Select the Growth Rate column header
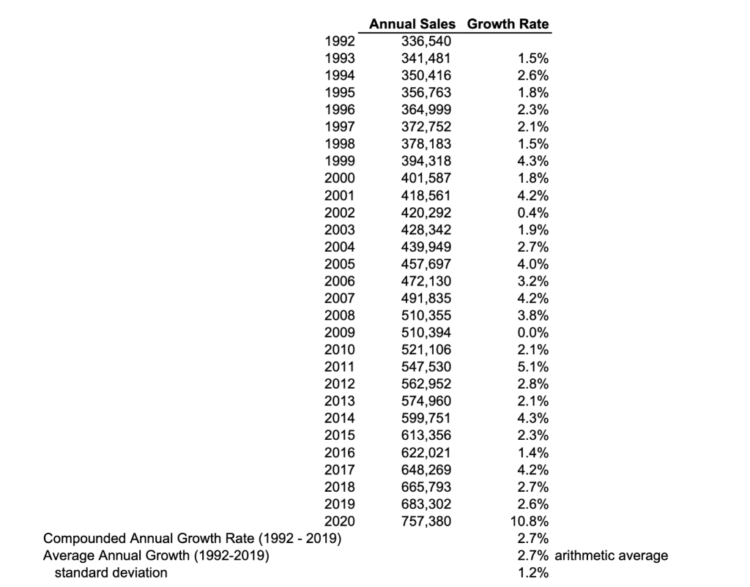pos(508,24)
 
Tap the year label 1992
pos(339,42)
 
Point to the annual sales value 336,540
pos(427,42)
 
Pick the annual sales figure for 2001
pos(427,195)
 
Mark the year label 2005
pos(339,264)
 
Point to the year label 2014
pos(339,419)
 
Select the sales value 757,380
pos(427,521)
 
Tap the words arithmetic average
pos(612,556)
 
